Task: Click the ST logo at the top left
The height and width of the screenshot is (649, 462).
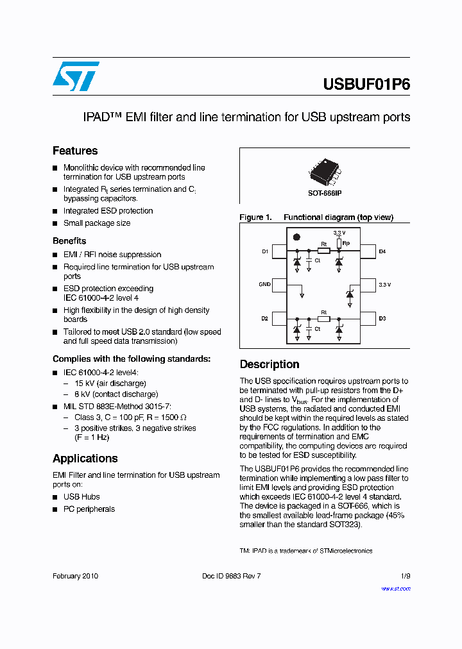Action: point(76,76)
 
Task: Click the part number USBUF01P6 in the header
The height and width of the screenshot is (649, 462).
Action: point(366,85)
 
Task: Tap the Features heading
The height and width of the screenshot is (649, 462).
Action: point(75,151)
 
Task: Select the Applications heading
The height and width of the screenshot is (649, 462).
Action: point(85,459)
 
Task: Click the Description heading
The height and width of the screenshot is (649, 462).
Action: point(269,364)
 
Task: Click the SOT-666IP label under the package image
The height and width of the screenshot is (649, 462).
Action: point(325,193)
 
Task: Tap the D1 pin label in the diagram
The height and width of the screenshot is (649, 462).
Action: point(264,252)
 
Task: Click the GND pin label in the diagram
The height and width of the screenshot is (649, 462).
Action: point(264,283)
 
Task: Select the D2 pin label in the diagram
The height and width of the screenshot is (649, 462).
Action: point(264,319)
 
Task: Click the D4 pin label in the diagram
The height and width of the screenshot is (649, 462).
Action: point(382,252)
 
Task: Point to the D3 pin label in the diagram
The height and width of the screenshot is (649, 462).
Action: point(382,319)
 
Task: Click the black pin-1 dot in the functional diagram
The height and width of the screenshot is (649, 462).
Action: point(296,237)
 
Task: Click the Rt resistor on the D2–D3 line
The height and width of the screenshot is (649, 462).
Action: point(323,319)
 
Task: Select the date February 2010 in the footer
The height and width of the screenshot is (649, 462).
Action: point(75,576)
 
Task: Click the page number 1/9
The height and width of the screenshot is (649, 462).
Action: point(405,576)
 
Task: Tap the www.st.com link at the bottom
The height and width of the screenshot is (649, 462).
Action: point(396,589)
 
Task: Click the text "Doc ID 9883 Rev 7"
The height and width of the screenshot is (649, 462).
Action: point(231,576)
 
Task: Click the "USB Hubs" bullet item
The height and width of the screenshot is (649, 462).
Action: point(81,497)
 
